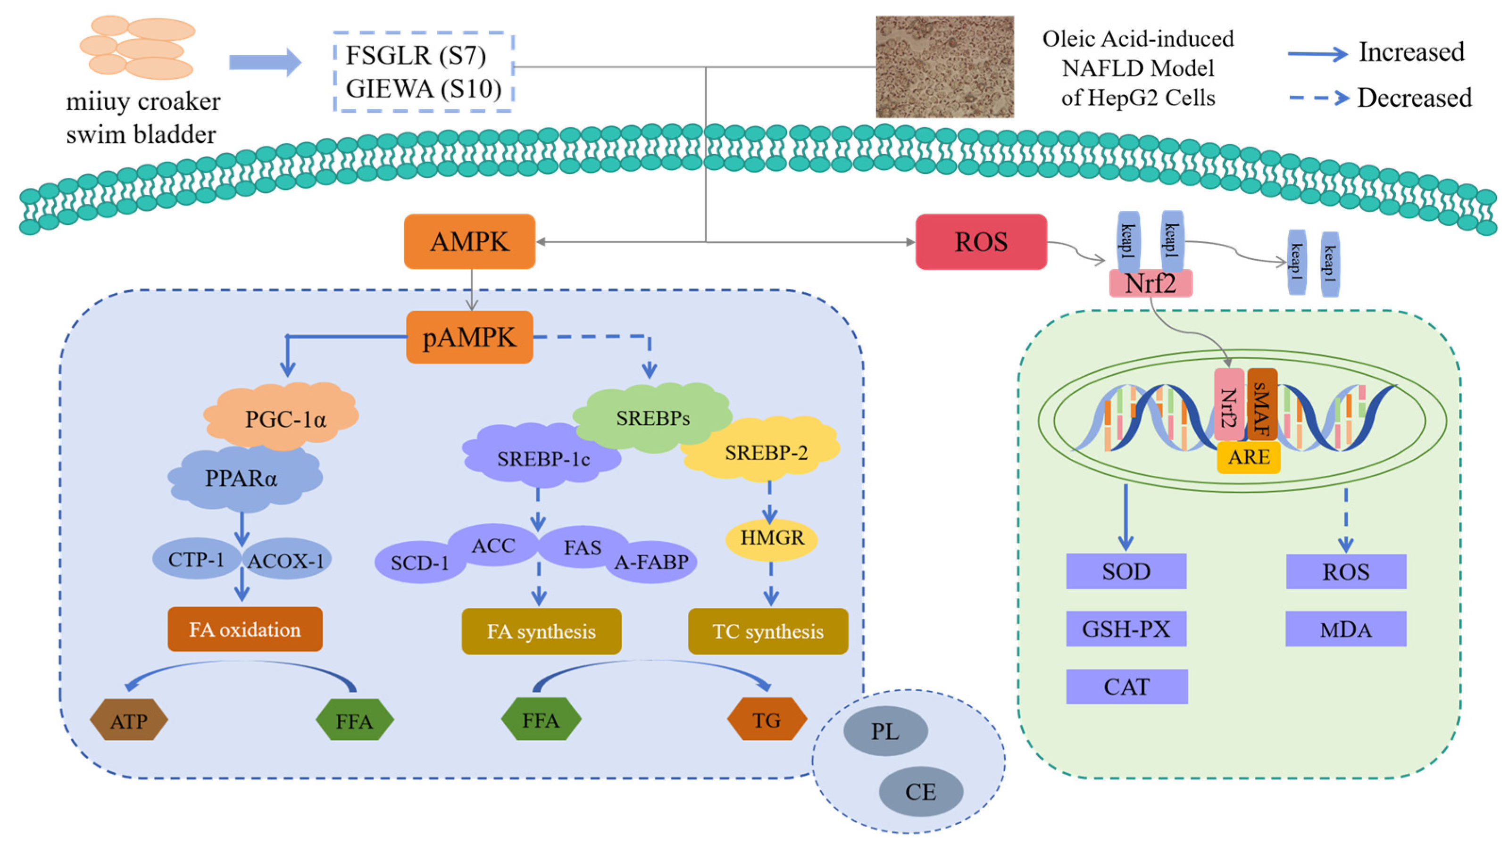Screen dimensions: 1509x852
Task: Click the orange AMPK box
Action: pos(469,241)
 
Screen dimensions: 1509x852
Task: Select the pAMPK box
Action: pos(469,337)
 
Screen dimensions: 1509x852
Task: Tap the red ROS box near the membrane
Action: pos(981,242)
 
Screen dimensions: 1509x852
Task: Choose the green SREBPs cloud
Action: pos(652,417)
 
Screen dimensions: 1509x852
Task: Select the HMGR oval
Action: pos(772,538)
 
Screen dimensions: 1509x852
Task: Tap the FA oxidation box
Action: pos(245,629)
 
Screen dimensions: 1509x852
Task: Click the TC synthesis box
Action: pos(768,631)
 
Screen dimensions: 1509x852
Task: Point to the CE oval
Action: pos(920,792)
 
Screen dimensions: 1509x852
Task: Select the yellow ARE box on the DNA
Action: pos(1248,457)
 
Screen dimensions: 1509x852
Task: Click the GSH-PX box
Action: pos(1126,629)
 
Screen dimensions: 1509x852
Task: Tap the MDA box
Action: pos(1346,629)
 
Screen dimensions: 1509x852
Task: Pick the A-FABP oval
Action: pos(651,562)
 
